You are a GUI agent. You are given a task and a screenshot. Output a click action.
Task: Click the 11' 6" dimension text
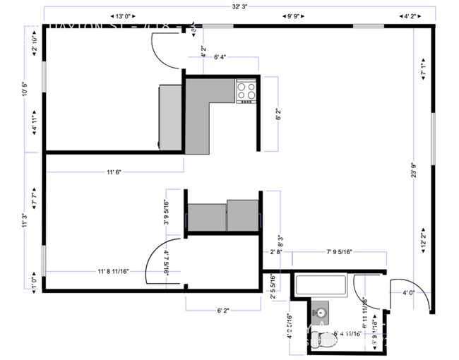click(x=114, y=172)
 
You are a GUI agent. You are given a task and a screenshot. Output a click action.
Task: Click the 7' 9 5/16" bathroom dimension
click(x=339, y=251)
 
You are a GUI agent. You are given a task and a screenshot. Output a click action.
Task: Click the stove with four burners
click(x=246, y=90)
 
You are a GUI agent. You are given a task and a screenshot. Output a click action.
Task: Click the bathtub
click(x=321, y=286)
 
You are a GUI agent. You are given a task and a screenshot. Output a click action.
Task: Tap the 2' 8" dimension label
click(x=276, y=251)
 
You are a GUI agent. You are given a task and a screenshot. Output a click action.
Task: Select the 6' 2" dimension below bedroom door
click(x=223, y=308)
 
